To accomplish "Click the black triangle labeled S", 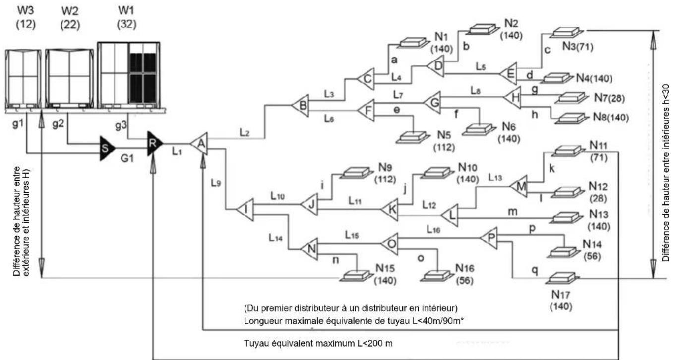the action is (107, 148).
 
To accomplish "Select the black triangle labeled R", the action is (154, 144).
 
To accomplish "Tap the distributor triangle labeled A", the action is (200, 144).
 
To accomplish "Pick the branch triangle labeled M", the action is (519, 186).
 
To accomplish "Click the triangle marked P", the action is (489, 238).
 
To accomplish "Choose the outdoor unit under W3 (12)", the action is (23, 79).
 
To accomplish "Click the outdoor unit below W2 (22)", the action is (69, 78).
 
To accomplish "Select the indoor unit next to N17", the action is (562, 278).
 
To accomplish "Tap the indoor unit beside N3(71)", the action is (566, 32).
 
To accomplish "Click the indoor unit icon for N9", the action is (356, 173).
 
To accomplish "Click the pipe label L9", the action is (216, 183).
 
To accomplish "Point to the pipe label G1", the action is (127, 158).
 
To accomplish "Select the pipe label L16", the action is (433, 230).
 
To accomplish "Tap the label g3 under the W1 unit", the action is (121, 125).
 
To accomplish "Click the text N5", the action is (444, 135).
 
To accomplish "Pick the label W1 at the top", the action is (126, 10).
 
